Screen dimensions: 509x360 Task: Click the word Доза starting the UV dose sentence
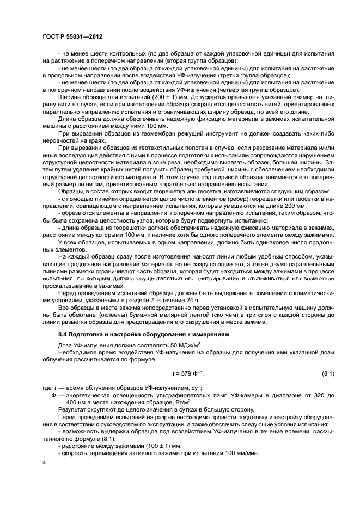(66, 347)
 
